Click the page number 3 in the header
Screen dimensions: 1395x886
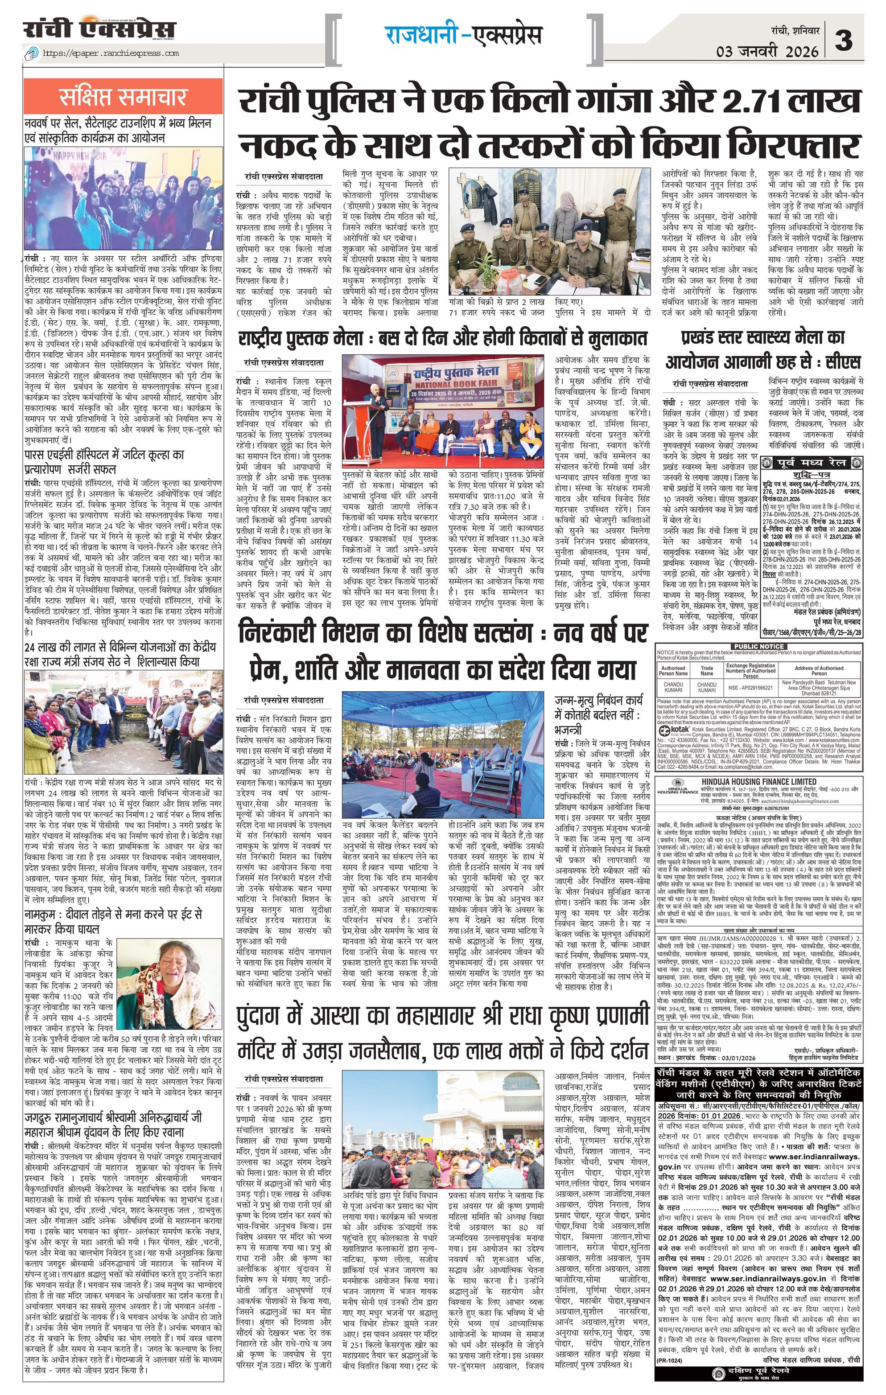[x=844, y=40]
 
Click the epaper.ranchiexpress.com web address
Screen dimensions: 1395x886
[x=111, y=54]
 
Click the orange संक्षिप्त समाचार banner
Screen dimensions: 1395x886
[x=123, y=98]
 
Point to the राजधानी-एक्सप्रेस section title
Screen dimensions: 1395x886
[x=463, y=35]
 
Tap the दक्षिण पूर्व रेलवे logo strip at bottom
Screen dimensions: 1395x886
[x=758, y=1383]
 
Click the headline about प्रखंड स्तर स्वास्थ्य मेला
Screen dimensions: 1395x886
[x=763, y=349]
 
